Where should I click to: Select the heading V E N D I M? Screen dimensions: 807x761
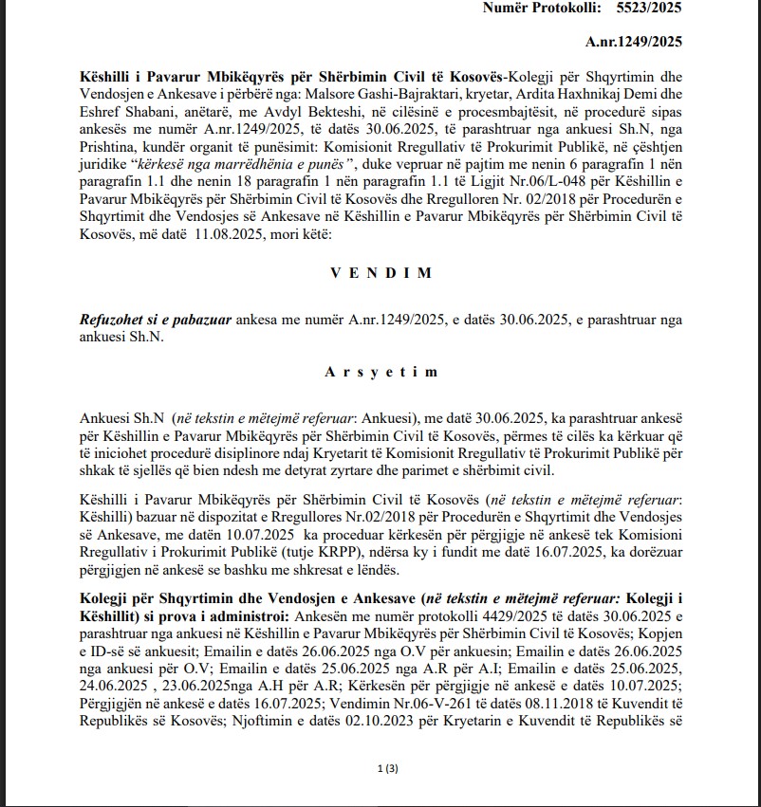[381, 273]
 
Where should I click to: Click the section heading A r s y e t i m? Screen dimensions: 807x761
[381, 372]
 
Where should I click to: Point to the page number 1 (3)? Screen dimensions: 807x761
[380, 766]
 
